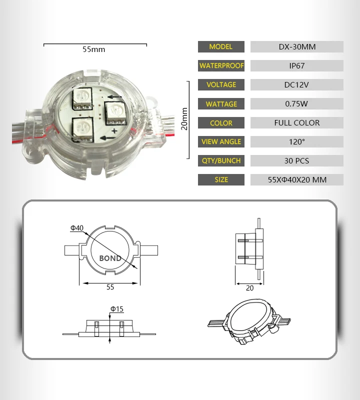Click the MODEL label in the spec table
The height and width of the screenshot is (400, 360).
point(221,46)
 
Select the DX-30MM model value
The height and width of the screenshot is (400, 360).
point(296,47)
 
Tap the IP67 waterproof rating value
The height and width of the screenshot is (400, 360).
point(296,65)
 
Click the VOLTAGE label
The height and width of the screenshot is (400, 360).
point(221,84)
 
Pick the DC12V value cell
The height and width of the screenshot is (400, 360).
point(296,84)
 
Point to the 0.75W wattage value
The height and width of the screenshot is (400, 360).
point(296,104)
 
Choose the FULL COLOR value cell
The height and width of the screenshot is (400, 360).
point(296,123)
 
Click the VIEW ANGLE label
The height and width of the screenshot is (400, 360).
point(221,141)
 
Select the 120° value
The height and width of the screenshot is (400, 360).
point(296,142)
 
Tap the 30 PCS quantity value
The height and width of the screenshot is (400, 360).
point(296,161)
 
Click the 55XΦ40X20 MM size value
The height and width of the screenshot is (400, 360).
point(296,179)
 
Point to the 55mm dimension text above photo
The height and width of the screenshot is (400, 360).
point(93,49)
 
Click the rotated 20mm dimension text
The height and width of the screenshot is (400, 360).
point(184,119)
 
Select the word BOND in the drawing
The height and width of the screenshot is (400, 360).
point(110,258)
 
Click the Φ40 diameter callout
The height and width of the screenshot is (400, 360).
point(76,228)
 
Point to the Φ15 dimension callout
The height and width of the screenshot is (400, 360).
point(116,309)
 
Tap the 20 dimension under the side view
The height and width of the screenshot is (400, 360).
point(249,288)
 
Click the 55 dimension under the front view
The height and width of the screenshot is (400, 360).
point(110,287)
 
